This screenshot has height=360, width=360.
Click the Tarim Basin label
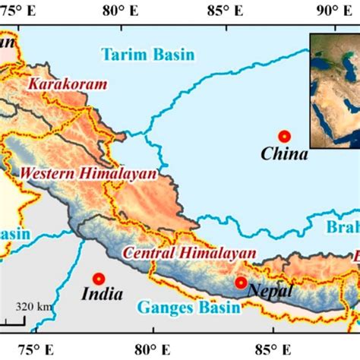tap(147, 54)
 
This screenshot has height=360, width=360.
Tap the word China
tap(284, 155)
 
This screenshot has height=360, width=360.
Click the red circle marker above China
tap(284, 136)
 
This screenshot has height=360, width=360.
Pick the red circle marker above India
tap(97, 279)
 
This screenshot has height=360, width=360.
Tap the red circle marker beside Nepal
tap(241, 283)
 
